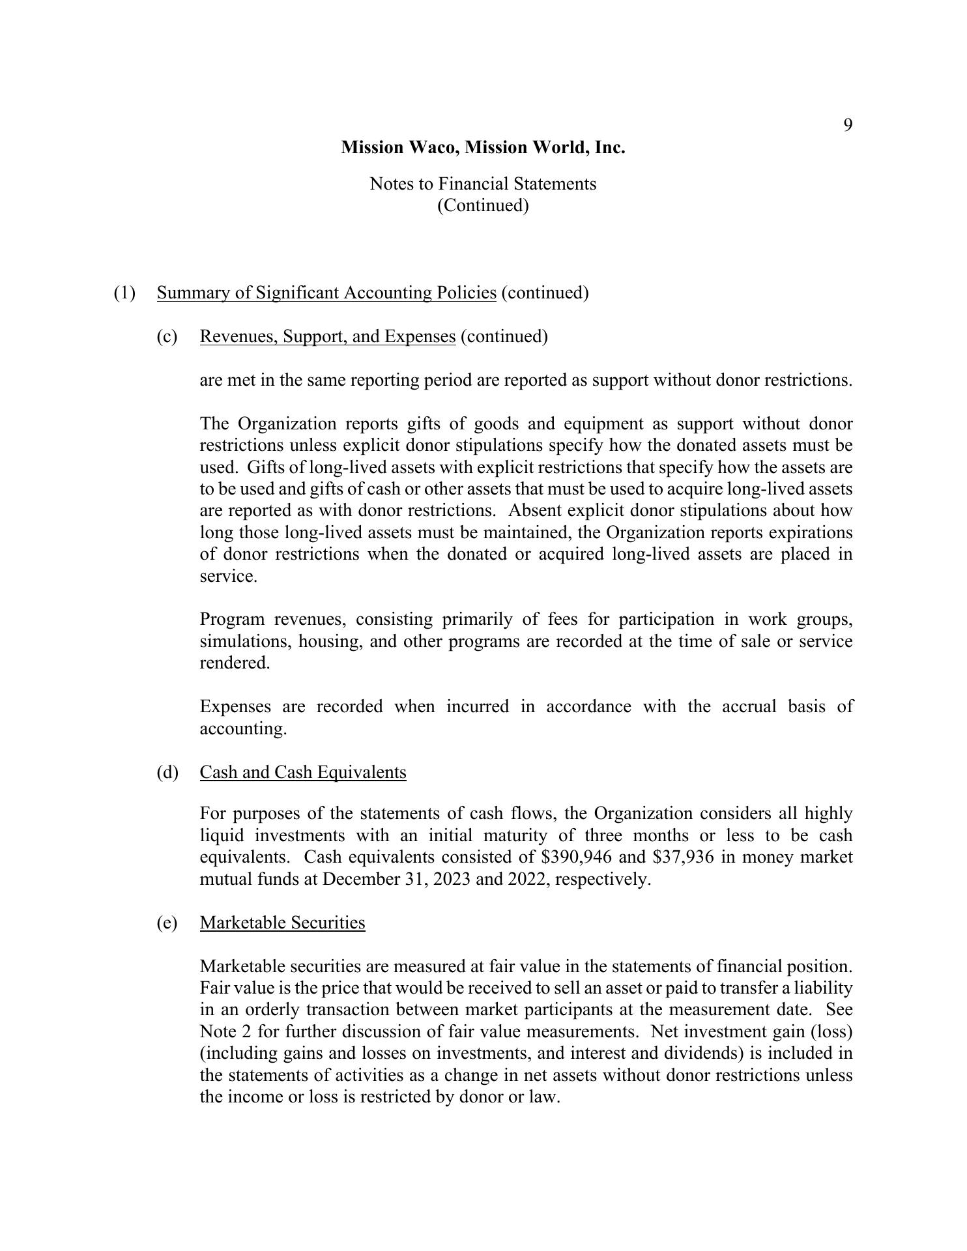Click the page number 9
848,125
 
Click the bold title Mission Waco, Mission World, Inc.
483,147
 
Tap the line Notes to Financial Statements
483,184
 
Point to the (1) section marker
124,293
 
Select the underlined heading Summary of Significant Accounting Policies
326,293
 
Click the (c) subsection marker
167,336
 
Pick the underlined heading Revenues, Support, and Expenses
327,336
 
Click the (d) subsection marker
167,772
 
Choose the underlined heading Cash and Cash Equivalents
303,772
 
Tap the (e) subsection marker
167,923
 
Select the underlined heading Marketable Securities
282,923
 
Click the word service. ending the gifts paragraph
228,576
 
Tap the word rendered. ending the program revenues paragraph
235,663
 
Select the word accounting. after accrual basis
243,728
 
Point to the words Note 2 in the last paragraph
225,1031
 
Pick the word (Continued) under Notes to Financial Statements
483,205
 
